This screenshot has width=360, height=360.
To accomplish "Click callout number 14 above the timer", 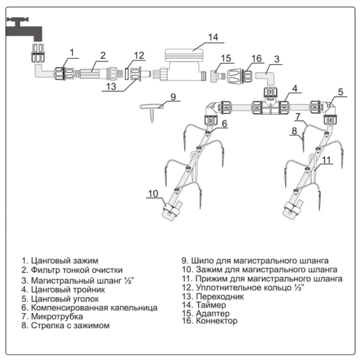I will tap(213, 37).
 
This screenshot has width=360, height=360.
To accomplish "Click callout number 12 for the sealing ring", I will tap(139, 56).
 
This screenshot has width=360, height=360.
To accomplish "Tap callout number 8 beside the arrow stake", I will tap(294, 131).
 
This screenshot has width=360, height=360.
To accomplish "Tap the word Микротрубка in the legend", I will tap(57, 316).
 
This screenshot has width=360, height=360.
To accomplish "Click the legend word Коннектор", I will tap(216, 320).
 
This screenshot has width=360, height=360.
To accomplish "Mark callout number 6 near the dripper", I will tap(224, 123).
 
